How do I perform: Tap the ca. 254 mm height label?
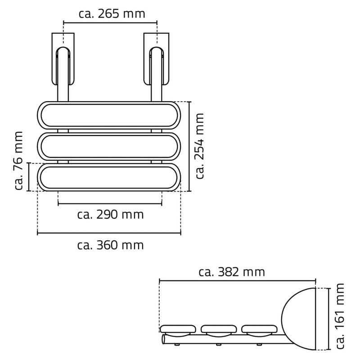click(200, 146)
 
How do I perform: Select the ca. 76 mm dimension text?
click(18, 161)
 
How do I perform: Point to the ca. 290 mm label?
click(110, 215)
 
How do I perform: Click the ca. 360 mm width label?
click(110, 245)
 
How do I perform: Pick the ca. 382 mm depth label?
click(231, 272)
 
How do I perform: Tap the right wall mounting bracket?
click(156, 58)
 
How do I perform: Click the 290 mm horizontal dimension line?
click(110, 204)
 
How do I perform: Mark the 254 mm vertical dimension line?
click(189, 146)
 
